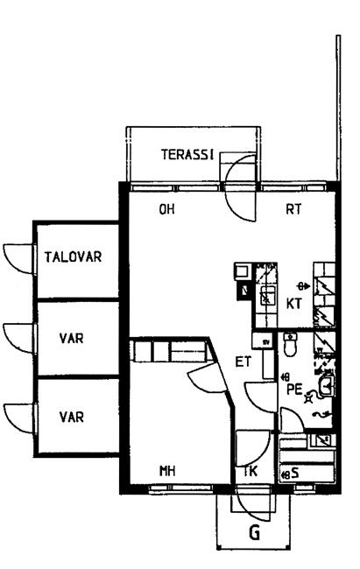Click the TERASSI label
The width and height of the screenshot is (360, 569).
[x=187, y=155]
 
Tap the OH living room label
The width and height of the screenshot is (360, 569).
[x=166, y=209]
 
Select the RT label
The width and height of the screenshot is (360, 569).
[x=293, y=209]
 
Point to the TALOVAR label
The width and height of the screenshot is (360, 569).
[x=73, y=256]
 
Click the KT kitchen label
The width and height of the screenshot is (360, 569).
[x=294, y=304]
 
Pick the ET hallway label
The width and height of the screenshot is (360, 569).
[x=244, y=362]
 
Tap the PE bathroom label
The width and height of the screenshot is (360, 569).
[x=294, y=389]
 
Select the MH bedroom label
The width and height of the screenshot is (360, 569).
[x=167, y=471]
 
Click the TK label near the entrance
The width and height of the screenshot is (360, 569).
[x=251, y=471]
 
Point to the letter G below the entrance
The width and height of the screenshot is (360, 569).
[x=255, y=533]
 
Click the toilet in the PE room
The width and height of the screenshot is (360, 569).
[x=290, y=344]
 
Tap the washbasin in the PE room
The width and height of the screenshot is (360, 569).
[x=326, y=386]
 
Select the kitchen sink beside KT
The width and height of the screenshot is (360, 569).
[x=268, y=295]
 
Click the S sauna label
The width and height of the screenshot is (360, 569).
[x=295, y=473]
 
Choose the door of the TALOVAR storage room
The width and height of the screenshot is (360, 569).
[x=19, y=258]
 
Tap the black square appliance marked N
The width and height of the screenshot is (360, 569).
[x=244, y=291]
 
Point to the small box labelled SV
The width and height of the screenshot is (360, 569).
[x=266, y=341]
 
